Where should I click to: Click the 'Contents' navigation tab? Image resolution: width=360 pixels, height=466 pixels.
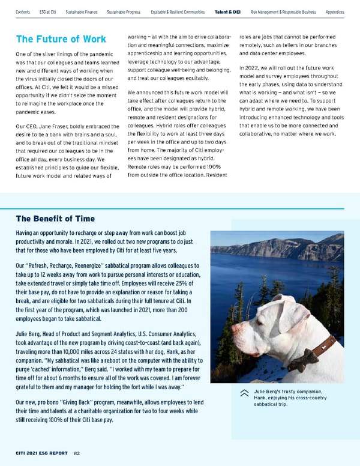[x=23, y=11]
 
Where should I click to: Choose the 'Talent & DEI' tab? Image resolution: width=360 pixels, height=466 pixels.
[x=228, y=11]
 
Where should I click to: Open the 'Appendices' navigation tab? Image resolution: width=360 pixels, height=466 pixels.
[x=334, y=11]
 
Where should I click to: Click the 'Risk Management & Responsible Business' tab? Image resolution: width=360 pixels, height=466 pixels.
[x=284, y=11]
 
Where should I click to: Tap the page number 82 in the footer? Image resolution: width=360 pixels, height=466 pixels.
[x=77, y=453]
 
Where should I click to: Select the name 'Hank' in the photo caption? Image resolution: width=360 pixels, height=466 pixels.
[x=260, y=398]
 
